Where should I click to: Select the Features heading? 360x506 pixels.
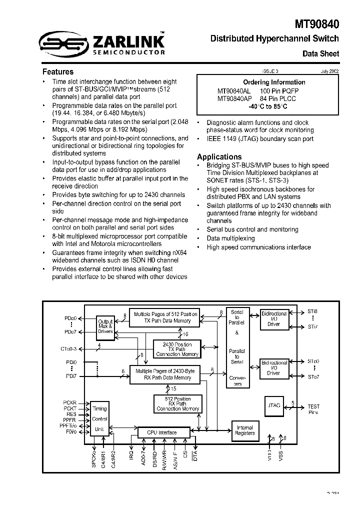(57, 71)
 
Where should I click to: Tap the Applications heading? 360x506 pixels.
(219, 156)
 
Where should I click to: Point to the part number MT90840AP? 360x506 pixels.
(233, 98)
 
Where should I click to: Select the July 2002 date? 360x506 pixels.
(330, 71)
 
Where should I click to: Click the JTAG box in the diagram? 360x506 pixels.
(274, 403)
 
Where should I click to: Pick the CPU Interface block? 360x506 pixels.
(161, 432)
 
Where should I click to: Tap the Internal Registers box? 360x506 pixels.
(244, 430)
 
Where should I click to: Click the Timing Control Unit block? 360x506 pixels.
(100, 418)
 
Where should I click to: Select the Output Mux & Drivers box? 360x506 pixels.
(105, 326)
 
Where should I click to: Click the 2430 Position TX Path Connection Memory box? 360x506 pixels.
(177, 349)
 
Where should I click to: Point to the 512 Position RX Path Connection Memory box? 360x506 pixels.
(177, 404)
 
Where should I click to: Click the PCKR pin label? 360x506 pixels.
(69, 402)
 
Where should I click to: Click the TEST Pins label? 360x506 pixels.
(313, 409)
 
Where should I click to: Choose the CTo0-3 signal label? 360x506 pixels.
(69, 348)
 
